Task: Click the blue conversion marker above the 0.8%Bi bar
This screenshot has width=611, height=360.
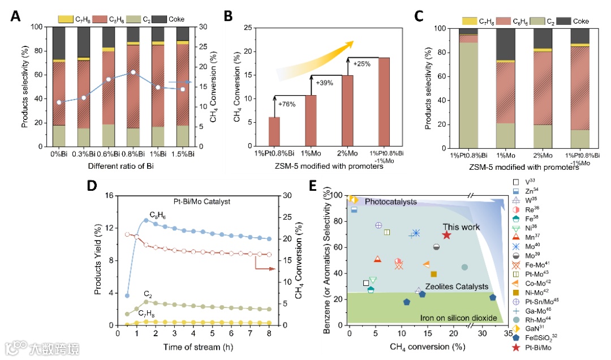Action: coord(133,72)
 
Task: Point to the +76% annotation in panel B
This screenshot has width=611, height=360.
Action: coord(287,104)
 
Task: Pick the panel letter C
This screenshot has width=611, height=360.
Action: coord(419,16)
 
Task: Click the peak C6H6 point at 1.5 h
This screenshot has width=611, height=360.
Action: coord(146,220)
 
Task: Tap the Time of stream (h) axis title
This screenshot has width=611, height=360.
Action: coord(197,346)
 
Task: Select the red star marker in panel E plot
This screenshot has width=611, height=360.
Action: coord(446,235)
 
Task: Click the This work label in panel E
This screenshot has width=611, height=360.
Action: coord(461,227)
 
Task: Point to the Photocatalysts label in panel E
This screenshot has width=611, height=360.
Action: coord(390,202)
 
